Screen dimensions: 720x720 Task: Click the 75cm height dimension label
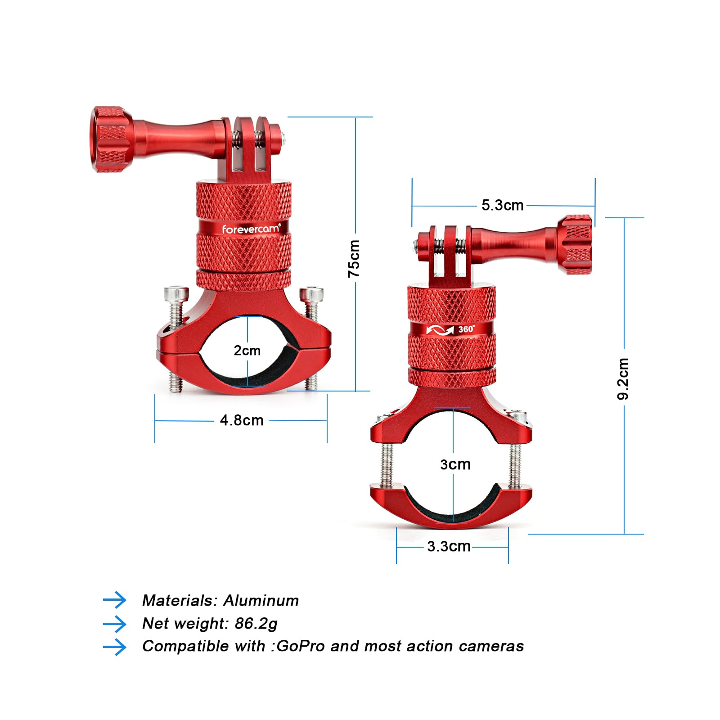pyautogui.click(x=354, y=259)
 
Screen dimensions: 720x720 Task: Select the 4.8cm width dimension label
pyautogui.click(x=242, y=420)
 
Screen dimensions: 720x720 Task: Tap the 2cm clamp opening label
pyautogui.click(x=247, y=350)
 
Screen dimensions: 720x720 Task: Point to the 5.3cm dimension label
pyautogui.click(x=503, y=205)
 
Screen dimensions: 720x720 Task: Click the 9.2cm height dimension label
pyautogui.click(x=623, y=378)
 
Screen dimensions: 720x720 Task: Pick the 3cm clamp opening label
pyautogui.click(x=455, y=464)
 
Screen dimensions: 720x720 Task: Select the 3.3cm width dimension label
pyautogui.click(x=449, y=546)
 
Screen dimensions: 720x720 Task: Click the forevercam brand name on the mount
pyautogui.click(x=251, y=229)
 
